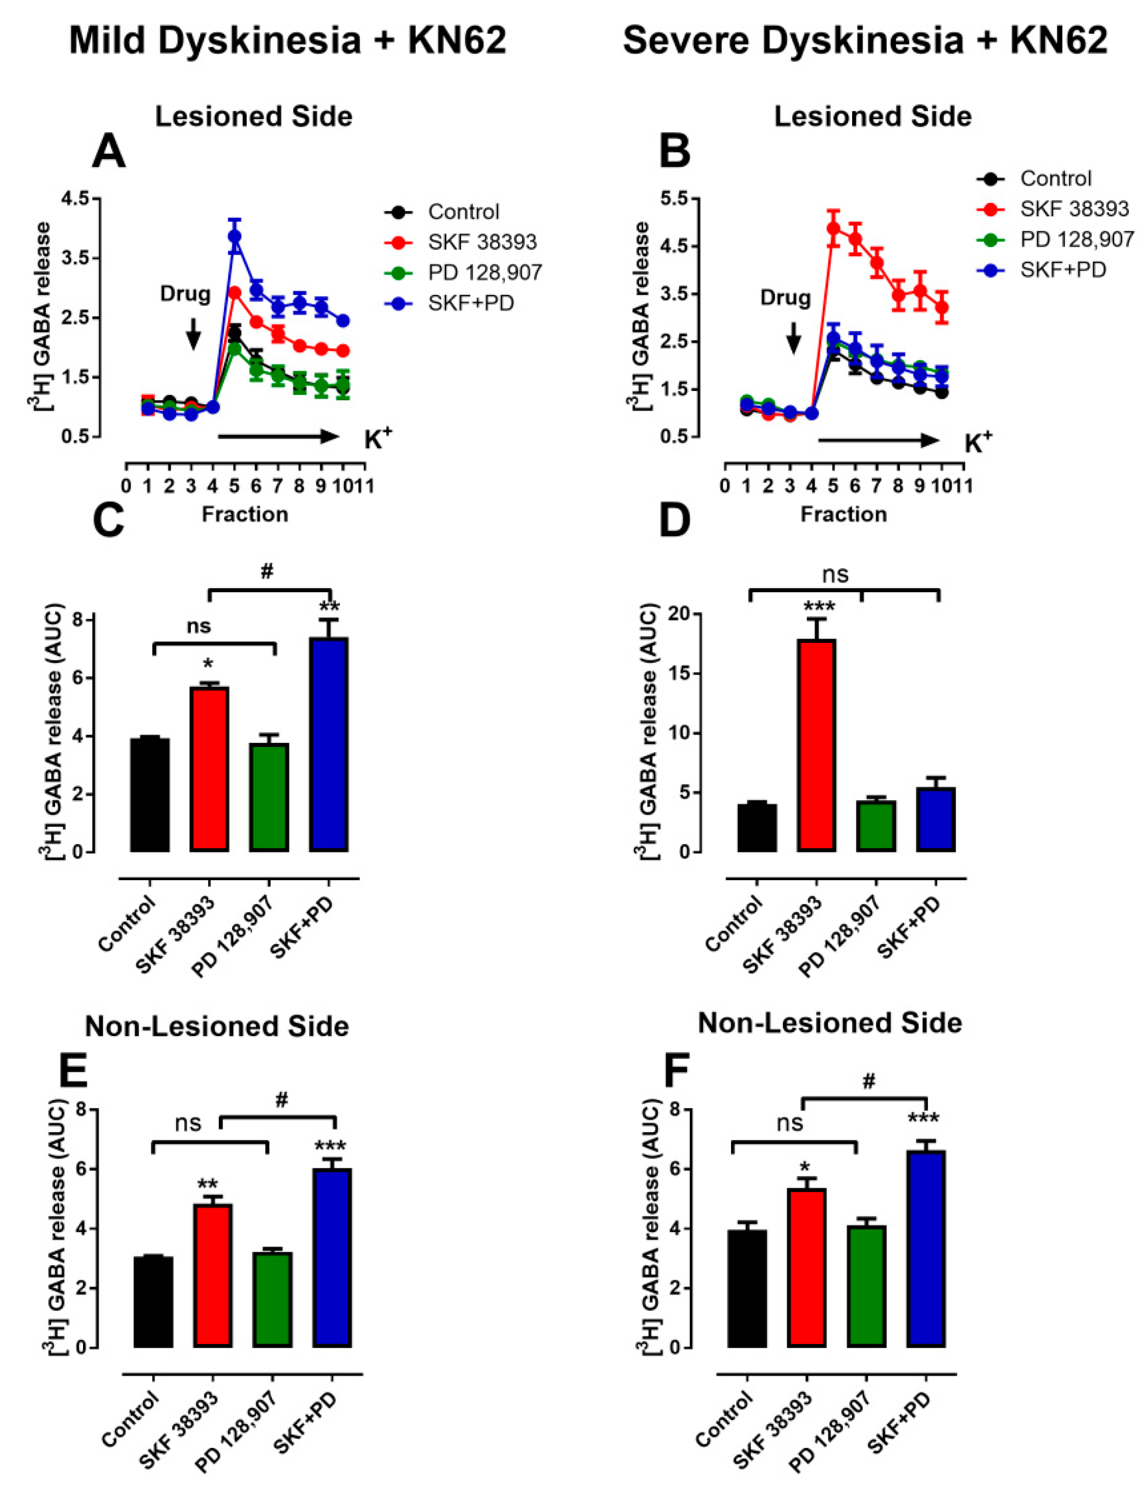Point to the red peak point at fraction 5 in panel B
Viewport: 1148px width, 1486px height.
coord(834,227)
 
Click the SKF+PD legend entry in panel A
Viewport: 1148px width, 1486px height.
coord(470,303)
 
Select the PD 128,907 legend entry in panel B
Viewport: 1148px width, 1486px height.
coord(1077,239)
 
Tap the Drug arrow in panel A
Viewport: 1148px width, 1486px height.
coord(193,333)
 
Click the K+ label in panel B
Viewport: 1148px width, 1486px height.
coord(978,444)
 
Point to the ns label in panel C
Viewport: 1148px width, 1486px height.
coord(199,625)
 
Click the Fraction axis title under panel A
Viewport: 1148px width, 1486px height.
coord(245,515)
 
